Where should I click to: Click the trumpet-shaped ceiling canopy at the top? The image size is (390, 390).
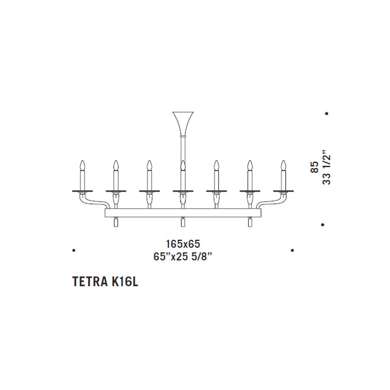183,124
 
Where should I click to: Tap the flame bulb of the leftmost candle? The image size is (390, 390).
82,165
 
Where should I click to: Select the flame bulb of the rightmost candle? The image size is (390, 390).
284,165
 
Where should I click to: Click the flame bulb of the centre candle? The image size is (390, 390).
183,165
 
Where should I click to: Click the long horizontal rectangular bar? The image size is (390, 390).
183,213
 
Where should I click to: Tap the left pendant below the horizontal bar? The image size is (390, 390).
116,222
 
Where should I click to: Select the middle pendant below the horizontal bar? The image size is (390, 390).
183,222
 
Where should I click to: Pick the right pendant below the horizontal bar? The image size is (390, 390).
250,222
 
